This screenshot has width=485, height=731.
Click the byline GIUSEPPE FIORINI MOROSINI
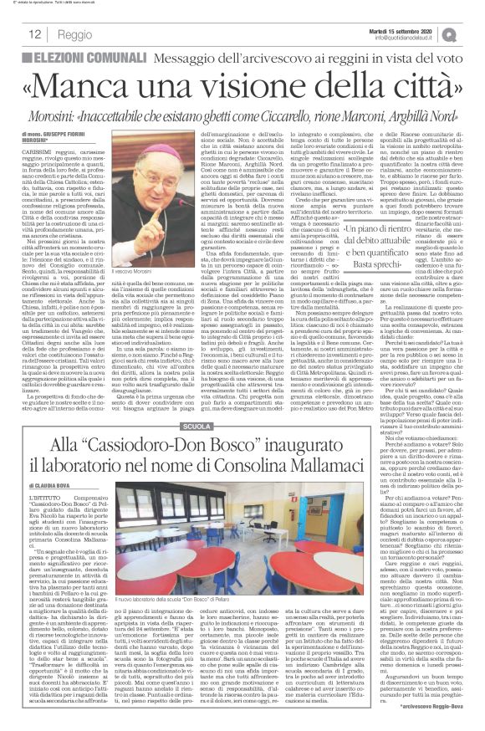tap(67, 135)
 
